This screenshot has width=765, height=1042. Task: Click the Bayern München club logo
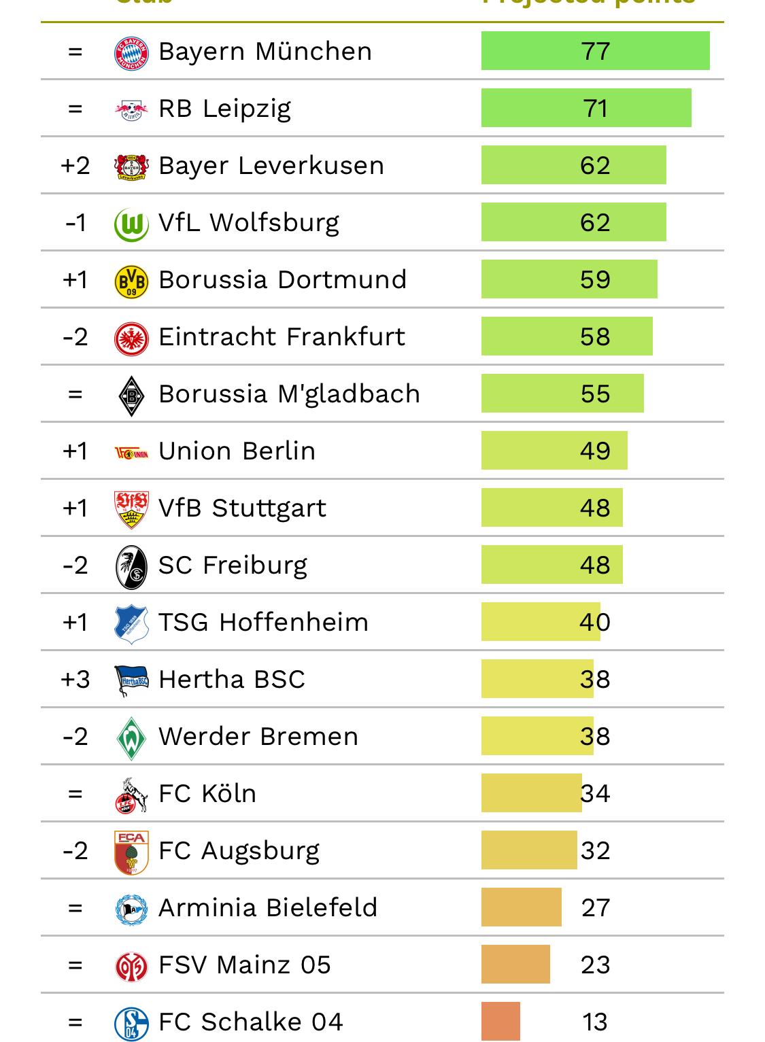131,52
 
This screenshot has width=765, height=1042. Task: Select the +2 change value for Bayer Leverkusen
75,166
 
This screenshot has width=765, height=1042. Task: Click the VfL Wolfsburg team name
248,223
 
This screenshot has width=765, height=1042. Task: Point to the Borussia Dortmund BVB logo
131,281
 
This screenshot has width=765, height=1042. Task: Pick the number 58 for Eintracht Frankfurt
595,337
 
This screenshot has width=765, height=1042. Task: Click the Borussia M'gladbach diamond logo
131,395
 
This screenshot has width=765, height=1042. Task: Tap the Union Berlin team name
237,451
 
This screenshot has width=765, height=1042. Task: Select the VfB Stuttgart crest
131,509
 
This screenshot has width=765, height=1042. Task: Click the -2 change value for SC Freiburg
75,566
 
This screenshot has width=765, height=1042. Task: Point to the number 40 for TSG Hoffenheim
595,623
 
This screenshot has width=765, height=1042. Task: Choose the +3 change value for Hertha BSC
75,680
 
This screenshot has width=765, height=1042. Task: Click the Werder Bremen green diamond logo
131,737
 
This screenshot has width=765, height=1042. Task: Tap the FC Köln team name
207,794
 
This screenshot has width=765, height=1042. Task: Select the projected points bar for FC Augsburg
528,850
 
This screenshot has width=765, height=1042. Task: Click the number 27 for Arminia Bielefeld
595,908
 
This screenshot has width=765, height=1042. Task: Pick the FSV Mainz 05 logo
131,966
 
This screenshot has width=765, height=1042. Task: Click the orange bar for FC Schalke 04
500,1022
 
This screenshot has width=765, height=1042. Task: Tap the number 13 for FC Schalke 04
595,1022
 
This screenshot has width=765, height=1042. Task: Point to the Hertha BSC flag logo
131,680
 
